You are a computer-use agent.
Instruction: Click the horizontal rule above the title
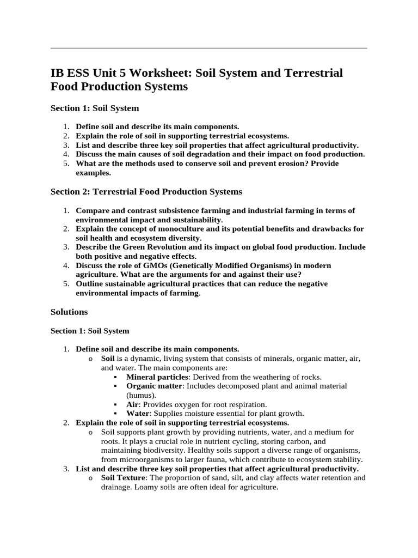208,48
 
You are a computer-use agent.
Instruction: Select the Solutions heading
69,312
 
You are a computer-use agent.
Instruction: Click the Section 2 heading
146,192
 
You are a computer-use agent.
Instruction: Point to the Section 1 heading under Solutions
90,331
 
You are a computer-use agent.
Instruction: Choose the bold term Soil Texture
124,478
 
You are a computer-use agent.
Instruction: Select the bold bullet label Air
132,404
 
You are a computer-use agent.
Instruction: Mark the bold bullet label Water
137,414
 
